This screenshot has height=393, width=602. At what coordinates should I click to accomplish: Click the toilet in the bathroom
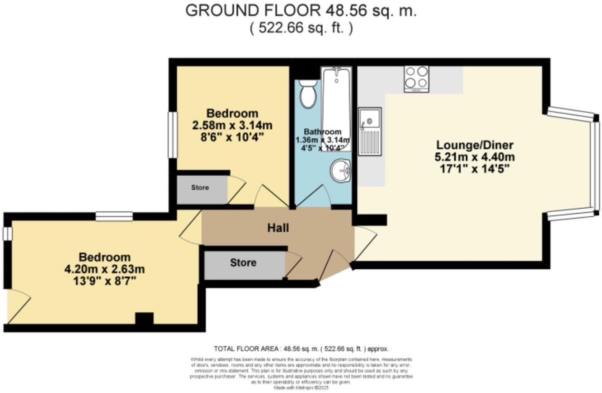pos(308,93)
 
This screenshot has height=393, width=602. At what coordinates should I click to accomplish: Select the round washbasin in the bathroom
pos(340,170)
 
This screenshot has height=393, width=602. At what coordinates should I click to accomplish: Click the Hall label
pos(278,228)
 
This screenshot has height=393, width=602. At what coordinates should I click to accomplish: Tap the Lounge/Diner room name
pos(475,146)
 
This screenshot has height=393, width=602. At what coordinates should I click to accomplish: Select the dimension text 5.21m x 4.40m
pos(475,157)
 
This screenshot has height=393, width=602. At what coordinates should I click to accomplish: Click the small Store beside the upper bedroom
pos(200,187)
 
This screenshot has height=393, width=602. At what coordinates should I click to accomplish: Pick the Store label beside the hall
pos(243,262)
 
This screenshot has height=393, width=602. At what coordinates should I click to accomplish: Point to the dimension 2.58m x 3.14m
pos(232,125)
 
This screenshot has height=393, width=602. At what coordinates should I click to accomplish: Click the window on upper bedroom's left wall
pos(172,135)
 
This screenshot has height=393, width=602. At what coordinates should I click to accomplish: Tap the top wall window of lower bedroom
pos(114,216)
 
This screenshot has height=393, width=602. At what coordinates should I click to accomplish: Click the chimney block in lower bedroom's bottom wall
pos(144,319)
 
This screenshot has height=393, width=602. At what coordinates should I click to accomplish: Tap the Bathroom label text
pos(322,132)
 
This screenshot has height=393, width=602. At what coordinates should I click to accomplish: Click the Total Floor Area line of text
pos(301,349)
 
